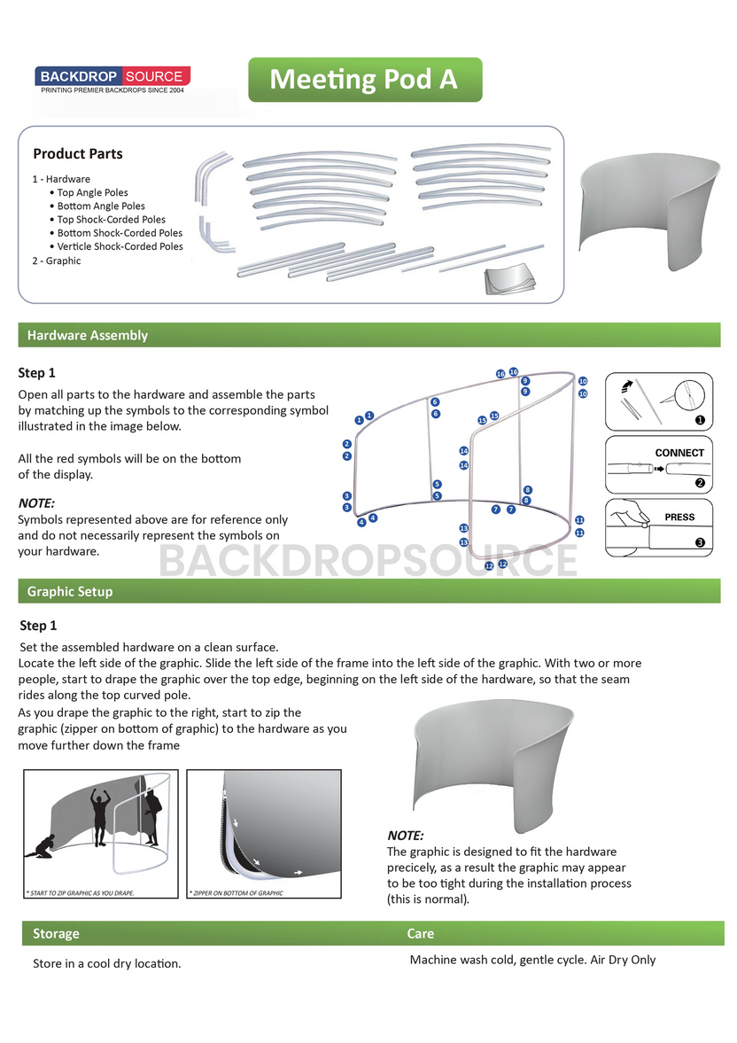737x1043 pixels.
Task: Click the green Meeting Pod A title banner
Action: pos(364,80)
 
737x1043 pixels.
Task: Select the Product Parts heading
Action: pos(78,153)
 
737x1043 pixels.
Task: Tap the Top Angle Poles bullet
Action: pos(92,192)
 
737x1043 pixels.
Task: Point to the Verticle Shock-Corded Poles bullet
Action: pos(120,246)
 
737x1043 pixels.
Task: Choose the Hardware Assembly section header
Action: pos(87,335)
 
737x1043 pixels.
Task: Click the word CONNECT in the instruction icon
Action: pos(679,453)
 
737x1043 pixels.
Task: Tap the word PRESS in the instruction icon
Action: pos(679,518)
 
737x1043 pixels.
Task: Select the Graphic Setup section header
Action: pos(69,591)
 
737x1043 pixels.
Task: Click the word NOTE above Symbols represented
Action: pos(36,502)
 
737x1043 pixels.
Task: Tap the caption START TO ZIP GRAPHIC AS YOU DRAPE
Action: pos(81,892)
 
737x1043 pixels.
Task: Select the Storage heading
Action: pos(56,933)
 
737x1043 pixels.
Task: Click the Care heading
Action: pos(420,933)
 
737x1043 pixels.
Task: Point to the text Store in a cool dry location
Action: pos(106,963)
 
